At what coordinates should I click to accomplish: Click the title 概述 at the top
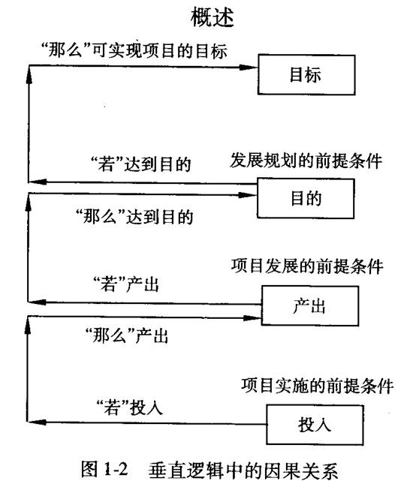[x=212, y=17]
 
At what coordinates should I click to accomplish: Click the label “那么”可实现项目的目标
[x=134, y=50]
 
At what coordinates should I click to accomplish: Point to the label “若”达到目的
[x=140, y=164]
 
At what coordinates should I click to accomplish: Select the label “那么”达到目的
[x=134, y=216]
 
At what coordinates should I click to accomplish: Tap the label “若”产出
[x=126, y=284]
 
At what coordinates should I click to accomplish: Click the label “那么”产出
[x=127, y=335]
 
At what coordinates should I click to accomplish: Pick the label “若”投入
[x=130, y=407]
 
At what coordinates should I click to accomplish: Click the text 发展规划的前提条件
[x=306, y=161]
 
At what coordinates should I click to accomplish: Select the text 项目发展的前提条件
[x=307, y=266]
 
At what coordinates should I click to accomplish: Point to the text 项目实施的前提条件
[x=317, y=386]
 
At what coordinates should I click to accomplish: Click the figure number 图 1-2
[x=104, y=469]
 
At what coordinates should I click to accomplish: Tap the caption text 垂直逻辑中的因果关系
[x=243, y=470]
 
